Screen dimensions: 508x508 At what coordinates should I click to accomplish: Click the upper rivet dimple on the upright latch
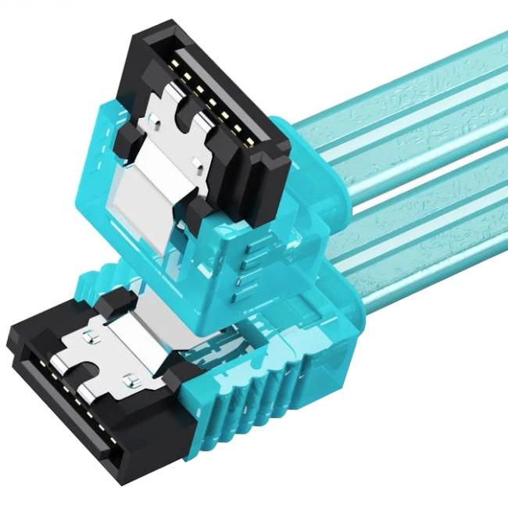point(156,117)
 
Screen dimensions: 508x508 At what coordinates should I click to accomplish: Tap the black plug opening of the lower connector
point(59,414)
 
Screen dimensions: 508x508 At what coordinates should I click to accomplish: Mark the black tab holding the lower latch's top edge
point(117,301)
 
